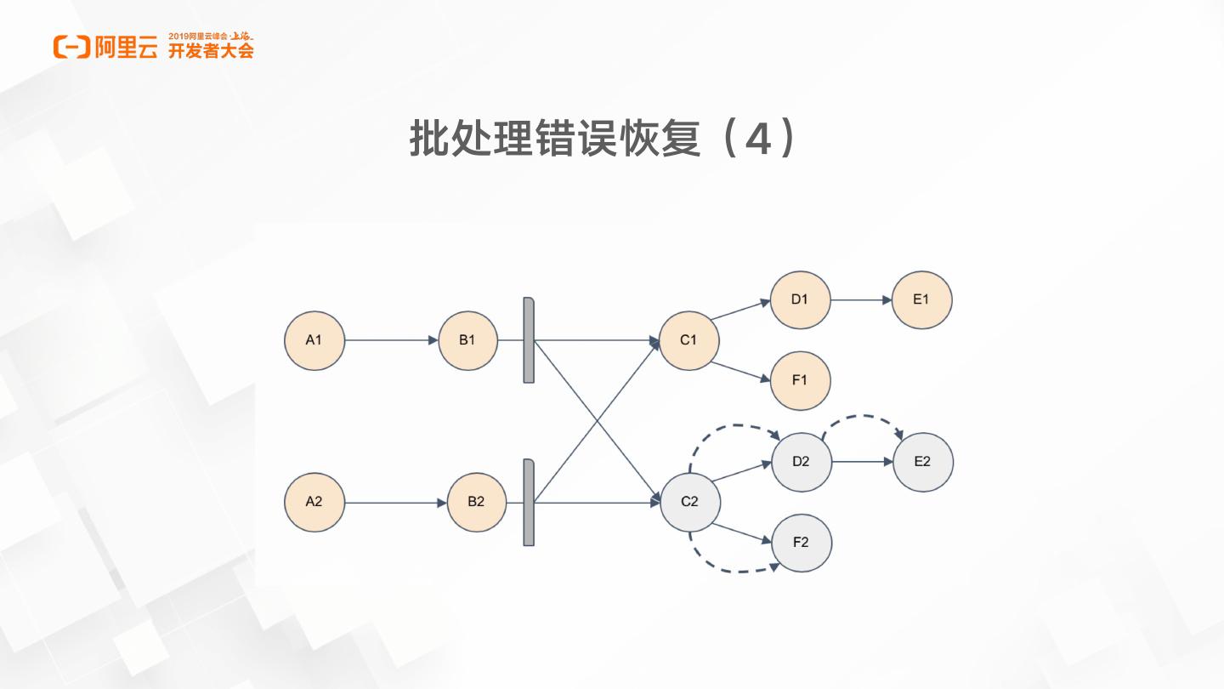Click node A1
[314, 340]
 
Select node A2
[314, 502]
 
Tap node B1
[467, 340]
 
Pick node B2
[476, 502]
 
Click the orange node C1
[688, 340]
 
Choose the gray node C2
[689, 502]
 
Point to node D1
[799, 299]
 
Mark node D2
[801, 462]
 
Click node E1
[921, 299]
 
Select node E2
[922, 462]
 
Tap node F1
[800, 380]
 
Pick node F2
[801, 542]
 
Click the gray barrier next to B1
[529, 340]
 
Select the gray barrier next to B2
[529, 502]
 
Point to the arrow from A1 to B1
[391, 340]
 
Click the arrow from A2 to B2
[395, 503]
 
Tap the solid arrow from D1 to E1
[860, 299]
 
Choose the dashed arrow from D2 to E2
[863, 417]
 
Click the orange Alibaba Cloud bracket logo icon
[71, 48]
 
